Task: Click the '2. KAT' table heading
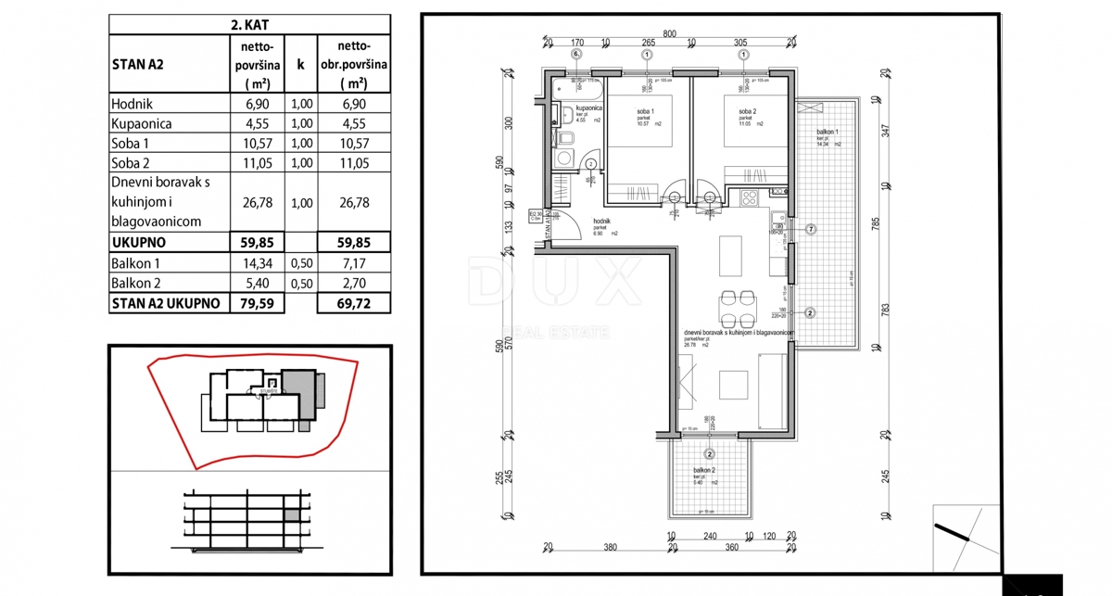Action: [x=248, y=25]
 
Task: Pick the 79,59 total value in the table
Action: [x=248, y=302]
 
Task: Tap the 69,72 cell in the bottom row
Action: [x=353, y=302]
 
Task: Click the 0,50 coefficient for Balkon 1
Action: [x=300, y=263]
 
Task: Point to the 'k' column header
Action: [x=300, y=65]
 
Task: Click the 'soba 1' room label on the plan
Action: [x=642, y=112]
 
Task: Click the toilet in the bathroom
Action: [x=566, y=138]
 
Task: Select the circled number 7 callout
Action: [x=810, y=229]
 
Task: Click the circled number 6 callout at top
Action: [x=575, y=55]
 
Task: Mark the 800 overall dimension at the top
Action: [x=670, y=34]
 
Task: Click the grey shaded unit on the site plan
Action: [x=298, y=381]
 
